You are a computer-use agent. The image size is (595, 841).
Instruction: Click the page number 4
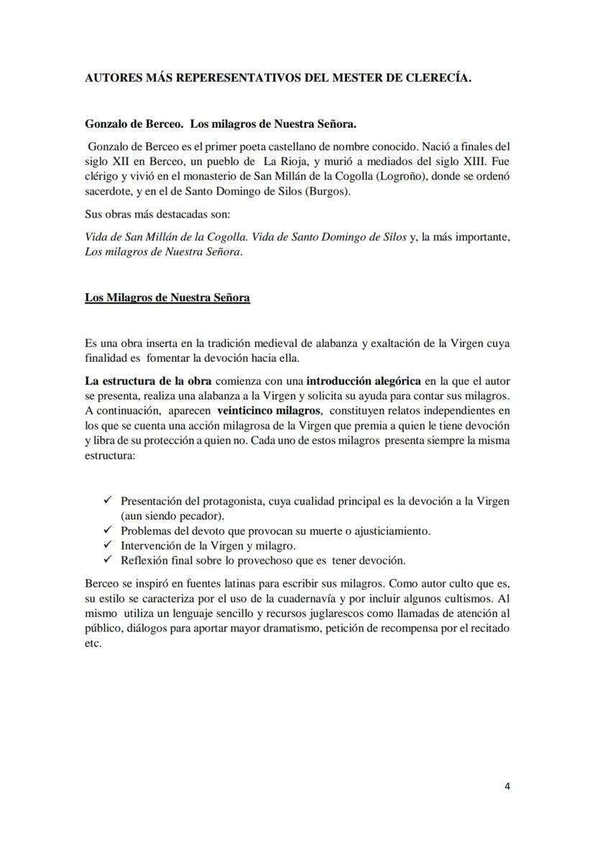pyautogui.click(x=507, y=786)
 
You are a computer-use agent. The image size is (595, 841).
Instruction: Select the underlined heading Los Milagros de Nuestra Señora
pyautogui.click(x=167, y=297)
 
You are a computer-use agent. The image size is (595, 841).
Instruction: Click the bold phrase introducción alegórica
pyautogui.click(x=364, y=381)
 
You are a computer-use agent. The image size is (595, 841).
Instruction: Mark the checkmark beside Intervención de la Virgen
pyautogui.click(x=109, y=546)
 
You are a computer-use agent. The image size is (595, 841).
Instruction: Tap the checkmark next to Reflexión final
pyautogui.click(x=109, y=560)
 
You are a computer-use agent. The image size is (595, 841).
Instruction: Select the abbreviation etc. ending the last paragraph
pyautogui.click(x=93, y=643)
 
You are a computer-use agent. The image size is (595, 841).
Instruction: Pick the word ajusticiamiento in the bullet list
pyautogui.click(x=387, y=531)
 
